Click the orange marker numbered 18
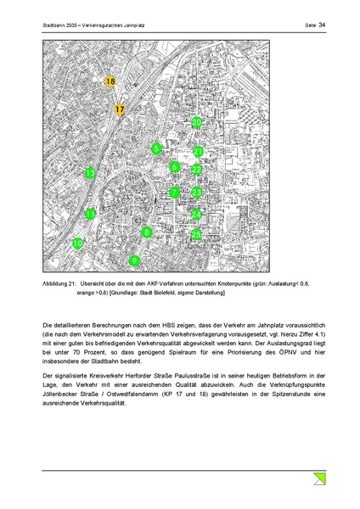tap(110, 81)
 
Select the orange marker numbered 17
tap(120, 109)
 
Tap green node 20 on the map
tap(196, 122)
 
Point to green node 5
tap(156, 149)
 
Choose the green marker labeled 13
tap(91, 173)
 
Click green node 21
tap(197, 152)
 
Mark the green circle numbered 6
tap(174, 167)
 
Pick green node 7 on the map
tap(174, 193)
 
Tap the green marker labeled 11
tap(91, 215)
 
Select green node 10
tap(78, 243)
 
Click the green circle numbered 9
tap(133, 260)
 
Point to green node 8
tap(147, 232)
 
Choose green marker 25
tap(196, 234)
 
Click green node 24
tap(196, 215)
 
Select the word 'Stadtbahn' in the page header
tap(55, 25)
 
